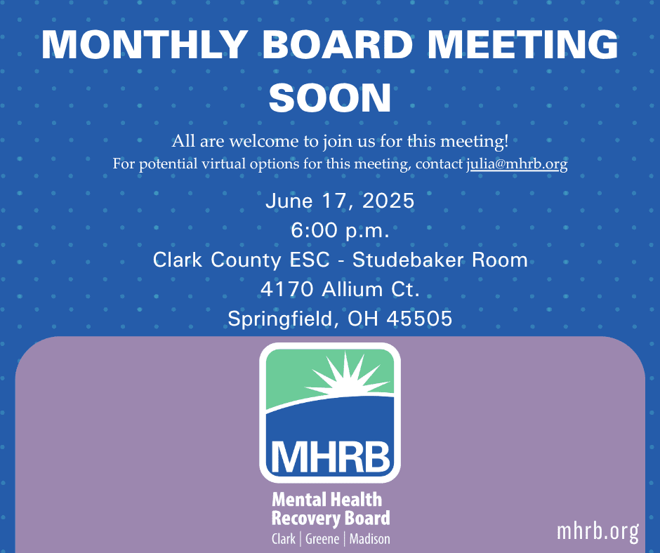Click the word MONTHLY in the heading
(144, 44)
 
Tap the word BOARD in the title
(338, 44)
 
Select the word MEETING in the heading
(523, 44)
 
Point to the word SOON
(330, 98)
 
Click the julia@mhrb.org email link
(517, 164)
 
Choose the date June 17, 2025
(340, 201)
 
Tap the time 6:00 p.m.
(340, 231)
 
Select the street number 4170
(287, 289)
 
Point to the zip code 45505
(419, 319)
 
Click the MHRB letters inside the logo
(331, 457)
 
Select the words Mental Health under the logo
(327, 500)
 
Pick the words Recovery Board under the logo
(331, 519)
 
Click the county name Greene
(322, 539)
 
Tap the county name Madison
(369, 539)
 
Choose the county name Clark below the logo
(283, 539)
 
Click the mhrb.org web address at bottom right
(598, 531)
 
